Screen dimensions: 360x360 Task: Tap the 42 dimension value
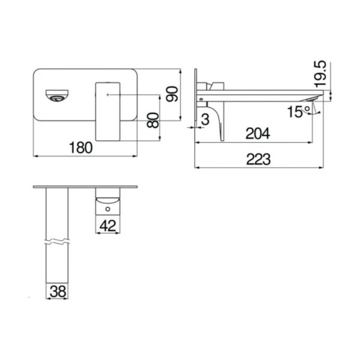pyautogui.click(x=109, y=225)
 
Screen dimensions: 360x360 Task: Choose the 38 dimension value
pyautogui.click(x=58, y=292)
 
